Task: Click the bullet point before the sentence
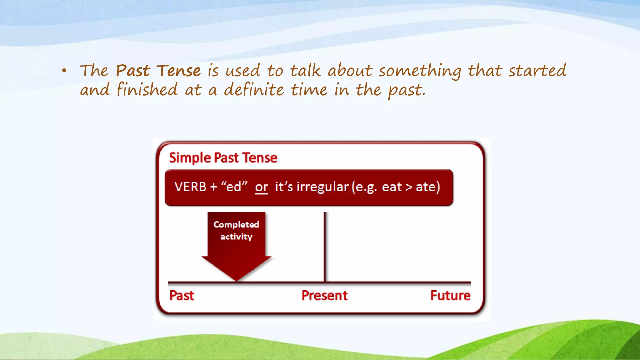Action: (x=64, y=71)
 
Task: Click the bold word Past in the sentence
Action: (x=133, y=71)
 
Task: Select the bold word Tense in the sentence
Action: (x=178, y=71)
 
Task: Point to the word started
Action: (x=537, y=71)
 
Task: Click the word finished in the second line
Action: (x=147, y=90)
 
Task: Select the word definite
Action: (x=254, y=90)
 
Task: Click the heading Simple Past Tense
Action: (x=223, y=158)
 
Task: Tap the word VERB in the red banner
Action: (x=190, y=187)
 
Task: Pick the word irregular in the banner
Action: (x=322, y=187)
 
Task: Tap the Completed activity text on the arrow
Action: (x=236, y=230)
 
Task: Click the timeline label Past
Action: (x=182, y=296)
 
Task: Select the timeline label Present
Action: (x=324, y=296)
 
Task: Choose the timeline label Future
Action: (x=450, y=296)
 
